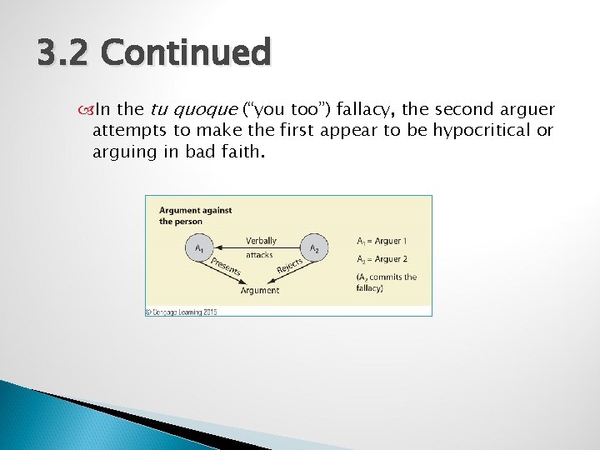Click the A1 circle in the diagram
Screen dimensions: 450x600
pyautogui.click(x=198, y=248)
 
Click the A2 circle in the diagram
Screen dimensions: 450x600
pyautogui.click(x=313, y=248)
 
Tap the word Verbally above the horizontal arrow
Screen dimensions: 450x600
pyautogui.click(x=261, y=241)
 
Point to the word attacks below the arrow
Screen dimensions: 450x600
pyautogui.click(x=259, y=255)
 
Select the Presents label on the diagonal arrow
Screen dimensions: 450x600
pyautogui.click(x=224, y=266)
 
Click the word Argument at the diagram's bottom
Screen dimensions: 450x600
pyautogui.click(x=259, y=290)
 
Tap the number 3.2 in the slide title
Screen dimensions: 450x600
pyautogui.click(x=64, y=53)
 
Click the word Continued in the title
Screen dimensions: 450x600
pyautogui.click(x=185, y=53)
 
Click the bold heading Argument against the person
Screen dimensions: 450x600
pyautogui.click(x=195, y=215)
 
